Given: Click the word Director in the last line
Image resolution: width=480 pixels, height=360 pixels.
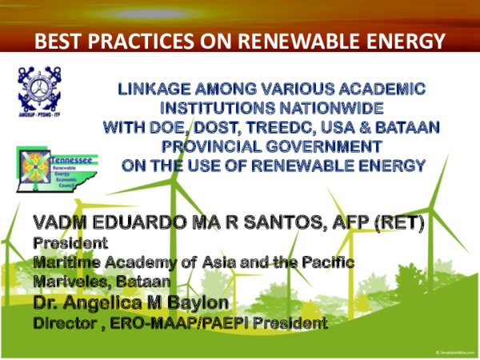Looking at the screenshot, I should coord(64,324).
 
